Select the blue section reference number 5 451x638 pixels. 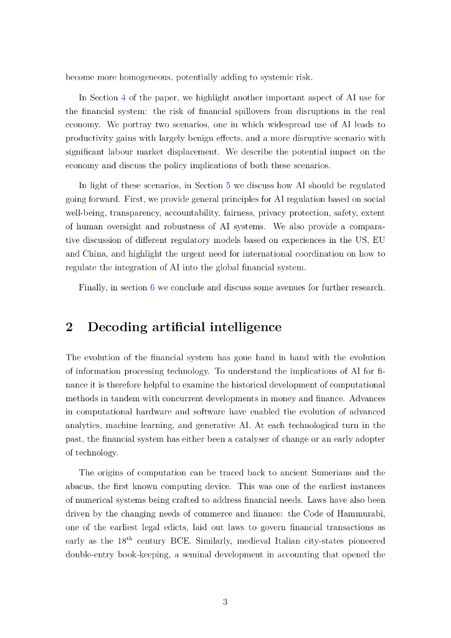(228, 185)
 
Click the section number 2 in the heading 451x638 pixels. (70, 327)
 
